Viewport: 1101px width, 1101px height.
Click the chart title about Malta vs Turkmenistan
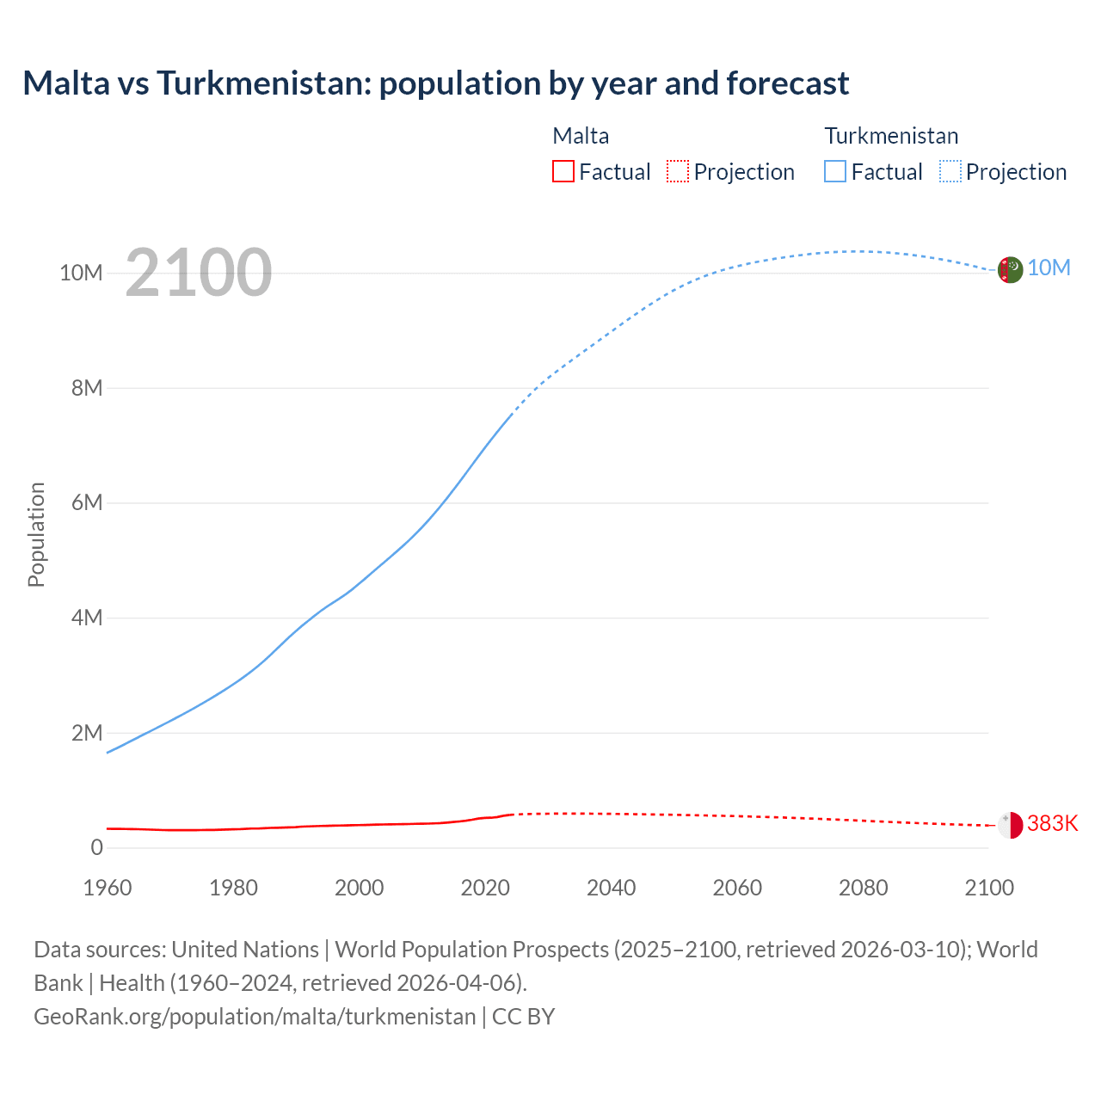click(435, 83)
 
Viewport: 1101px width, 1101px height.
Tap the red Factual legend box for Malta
click(563, 171)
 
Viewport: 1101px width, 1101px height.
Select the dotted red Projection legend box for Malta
click(678, 171)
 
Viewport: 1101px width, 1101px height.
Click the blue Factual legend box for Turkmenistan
click(834, 171)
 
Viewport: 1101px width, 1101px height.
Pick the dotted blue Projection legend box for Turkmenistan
click(950, 171)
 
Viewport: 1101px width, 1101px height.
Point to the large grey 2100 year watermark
click(199, 273)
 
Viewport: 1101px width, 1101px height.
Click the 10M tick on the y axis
click(81, 274)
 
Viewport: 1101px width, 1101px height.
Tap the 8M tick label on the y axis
click(87, 388)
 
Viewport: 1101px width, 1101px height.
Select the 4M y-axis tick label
click(87, 618)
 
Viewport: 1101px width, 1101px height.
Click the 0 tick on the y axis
click(96, 847)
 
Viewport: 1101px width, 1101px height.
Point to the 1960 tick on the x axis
click(108, 888)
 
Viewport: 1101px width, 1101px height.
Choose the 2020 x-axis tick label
click(485, 888)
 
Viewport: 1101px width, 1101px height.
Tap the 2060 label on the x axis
click(737, 888)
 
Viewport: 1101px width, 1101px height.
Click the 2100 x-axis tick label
click(989, 888)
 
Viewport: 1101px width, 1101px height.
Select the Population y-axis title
click(36, 534)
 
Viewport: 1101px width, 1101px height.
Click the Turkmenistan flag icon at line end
click(1010, 269)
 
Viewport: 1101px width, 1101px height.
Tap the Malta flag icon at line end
click(1010, 825)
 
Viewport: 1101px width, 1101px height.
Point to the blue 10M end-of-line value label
click(1049, 268)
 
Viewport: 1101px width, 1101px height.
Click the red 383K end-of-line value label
click(1052, 824)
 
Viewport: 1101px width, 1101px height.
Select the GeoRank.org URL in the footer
click(255, 1017)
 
